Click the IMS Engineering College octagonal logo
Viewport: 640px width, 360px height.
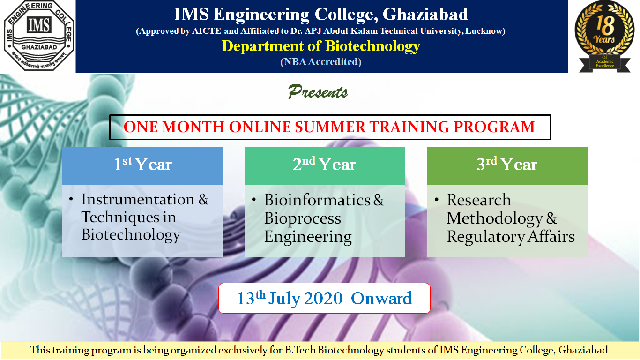39,36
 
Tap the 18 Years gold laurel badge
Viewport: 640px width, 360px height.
604,36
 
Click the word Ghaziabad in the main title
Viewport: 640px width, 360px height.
425,14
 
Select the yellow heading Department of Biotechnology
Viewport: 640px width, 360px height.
321,46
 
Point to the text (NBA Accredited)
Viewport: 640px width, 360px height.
321,62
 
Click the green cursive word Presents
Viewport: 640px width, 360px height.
318,92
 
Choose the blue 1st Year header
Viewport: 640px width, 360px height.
142,165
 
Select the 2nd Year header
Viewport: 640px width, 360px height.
325,165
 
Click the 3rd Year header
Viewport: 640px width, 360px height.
507,165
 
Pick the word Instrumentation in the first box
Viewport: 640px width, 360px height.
138,199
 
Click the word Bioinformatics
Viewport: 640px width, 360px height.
317,200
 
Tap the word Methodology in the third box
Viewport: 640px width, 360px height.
495,219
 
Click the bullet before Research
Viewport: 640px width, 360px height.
436,199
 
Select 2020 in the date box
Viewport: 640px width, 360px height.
323,299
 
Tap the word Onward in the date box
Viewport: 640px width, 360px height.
381,299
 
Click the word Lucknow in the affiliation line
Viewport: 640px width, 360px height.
484,31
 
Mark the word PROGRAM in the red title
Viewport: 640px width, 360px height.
494,127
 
